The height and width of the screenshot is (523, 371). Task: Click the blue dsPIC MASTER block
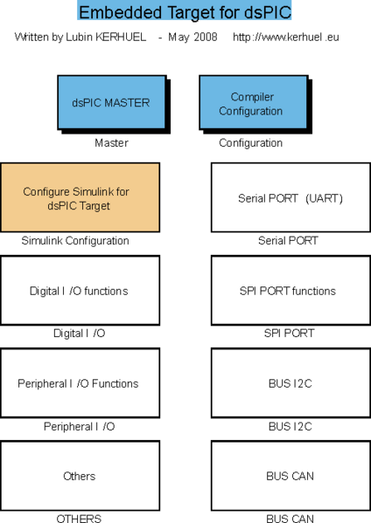pyautogui.click(x=110, y=102)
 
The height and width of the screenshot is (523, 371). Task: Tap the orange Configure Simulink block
pyautogui.click(x=80, y=197)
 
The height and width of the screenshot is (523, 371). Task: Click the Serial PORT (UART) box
pyautogui.click(x=290, y=198)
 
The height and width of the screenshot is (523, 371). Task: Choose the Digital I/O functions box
pyautogui.click(x=80, y=291)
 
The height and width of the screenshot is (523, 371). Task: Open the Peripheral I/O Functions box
pyautogui.click(x=80, y=383)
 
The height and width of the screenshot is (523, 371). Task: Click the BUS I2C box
pyautogui.click(x=290, y=383)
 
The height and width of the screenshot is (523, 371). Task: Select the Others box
pyautogui.click(x=80, y=476)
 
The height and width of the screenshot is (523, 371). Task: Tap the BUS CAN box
pyautogui.click(x=290, y=476)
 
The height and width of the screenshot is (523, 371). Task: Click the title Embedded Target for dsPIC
pyautogui.click(x=185, y=12)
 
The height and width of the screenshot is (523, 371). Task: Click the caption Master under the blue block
pyautogui.click(x=110, y=142)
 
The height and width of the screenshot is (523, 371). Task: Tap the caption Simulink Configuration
pyautogui.click(x=75, y=240)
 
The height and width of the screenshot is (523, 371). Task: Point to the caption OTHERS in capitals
pyautogui.click(x=79, y=518)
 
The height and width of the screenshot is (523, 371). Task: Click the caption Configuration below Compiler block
pyautogui.click(x=250, y=142)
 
